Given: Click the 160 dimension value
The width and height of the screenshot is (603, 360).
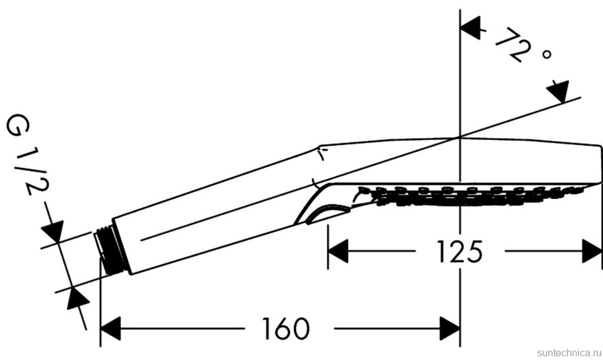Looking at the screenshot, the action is [285, 328].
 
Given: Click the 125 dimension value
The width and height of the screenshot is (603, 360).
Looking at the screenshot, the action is [459, 252].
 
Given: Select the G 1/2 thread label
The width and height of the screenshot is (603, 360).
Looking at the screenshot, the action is [28, 154].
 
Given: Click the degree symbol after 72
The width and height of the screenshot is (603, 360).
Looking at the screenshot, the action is [546, 54].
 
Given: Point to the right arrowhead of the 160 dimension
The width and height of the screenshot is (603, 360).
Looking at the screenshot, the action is [450, 328].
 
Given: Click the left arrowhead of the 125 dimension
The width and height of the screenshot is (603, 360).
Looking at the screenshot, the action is [338, 251].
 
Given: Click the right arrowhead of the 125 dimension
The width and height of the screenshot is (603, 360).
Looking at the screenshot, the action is [592, 251].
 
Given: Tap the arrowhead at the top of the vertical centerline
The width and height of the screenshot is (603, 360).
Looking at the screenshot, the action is [471, 28].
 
